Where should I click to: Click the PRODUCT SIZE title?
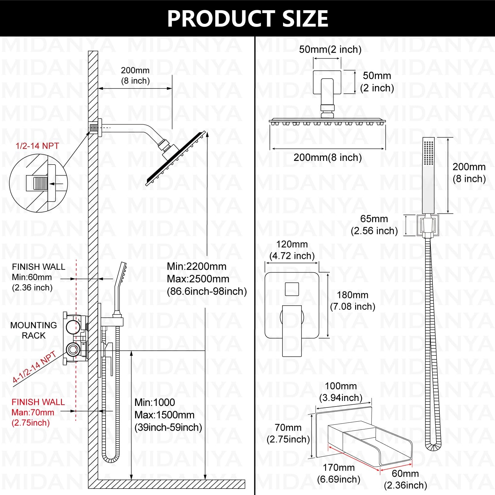[x=247, y=19]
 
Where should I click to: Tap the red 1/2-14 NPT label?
[x=37, y=146]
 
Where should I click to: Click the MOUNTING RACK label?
[x=33, y=330]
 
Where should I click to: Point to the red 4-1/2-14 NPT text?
[x=34, y=367]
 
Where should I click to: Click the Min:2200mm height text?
[x=197, y=266]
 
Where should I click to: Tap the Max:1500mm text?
[x=165, y=415]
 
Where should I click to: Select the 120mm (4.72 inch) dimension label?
[x=292, y=250]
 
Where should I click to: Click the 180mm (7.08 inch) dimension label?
[x=353, y=300]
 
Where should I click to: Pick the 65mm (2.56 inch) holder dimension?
[x=374, y=225]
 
